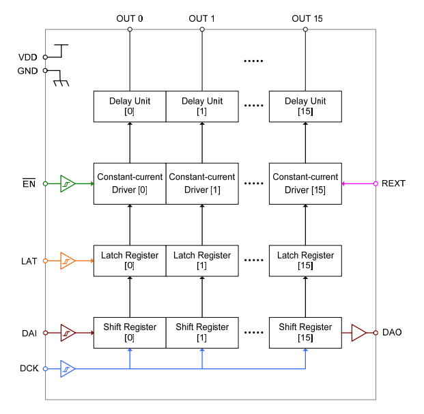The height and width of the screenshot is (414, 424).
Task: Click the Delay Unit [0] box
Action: (130, 106)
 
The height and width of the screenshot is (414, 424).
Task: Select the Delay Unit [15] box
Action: (305, 106)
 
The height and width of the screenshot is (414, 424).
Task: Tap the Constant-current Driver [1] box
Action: (202, 183)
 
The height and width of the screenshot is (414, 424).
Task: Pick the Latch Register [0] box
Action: (130, 261)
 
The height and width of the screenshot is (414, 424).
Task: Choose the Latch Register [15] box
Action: (305, 261)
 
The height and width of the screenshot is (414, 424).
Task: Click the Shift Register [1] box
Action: (202, 332)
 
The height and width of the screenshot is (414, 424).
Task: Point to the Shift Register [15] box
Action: (305, 332)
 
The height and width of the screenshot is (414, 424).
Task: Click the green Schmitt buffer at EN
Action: (68, 183)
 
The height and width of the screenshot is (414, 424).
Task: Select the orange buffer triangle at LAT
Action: (68, 261)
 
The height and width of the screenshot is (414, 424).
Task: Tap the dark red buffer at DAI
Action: (68, 333)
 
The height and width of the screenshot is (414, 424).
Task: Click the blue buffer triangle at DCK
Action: (68, 369)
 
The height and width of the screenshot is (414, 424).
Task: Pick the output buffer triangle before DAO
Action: (359, 333)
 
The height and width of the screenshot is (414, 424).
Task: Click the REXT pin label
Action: (393, 183)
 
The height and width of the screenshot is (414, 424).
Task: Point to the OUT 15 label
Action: (307, 18)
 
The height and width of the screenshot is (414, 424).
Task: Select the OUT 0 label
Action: (130, 18)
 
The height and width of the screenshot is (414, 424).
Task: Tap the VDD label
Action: (28, 57)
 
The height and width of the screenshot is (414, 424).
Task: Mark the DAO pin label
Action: (392, 333)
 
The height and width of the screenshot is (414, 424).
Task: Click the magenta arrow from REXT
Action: (358, 183)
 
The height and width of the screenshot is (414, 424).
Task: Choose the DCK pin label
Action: (28, 369)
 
